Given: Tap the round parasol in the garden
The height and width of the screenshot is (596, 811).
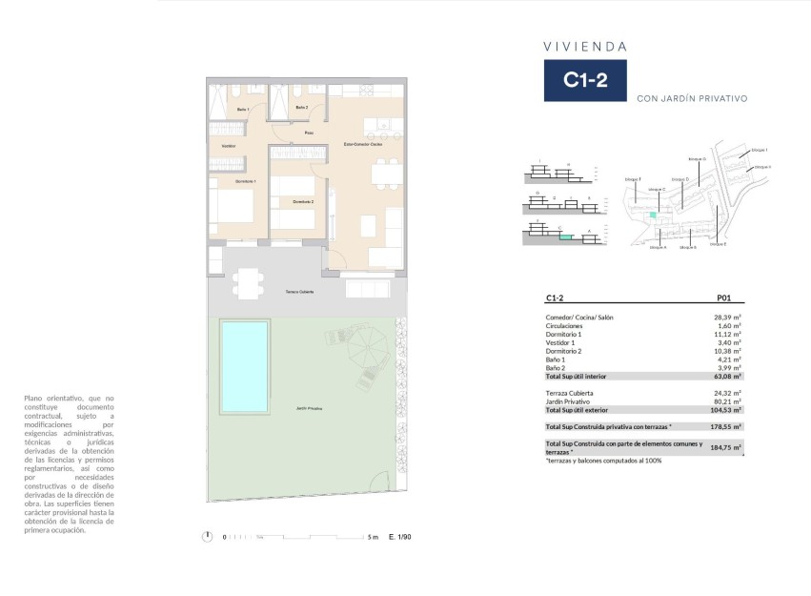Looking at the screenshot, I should pos(363,349).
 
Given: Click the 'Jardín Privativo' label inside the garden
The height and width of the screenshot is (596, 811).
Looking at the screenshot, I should pos(308,409).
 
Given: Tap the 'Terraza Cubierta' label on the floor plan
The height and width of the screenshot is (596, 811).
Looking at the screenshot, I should pos(300,292).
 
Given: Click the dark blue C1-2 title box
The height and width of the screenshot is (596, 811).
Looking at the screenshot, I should pos(585,80).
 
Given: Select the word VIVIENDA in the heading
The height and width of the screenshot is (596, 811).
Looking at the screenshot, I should pos(584,45).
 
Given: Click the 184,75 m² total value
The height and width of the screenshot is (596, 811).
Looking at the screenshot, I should pos(728,446).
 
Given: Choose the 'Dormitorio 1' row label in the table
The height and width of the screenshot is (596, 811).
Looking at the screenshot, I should pos(563,334).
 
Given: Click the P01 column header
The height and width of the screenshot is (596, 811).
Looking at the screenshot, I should pos(729,298).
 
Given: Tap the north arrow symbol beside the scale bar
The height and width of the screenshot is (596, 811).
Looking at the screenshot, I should pos(207,537).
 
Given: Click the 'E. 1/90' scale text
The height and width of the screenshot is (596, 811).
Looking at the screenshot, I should pos(400,537).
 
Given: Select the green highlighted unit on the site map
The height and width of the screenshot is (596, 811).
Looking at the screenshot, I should pos(653,216).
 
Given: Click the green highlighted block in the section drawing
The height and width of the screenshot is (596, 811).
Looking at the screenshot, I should pos(567,236).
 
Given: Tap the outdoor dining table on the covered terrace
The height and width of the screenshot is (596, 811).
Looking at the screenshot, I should pos(247,281).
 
